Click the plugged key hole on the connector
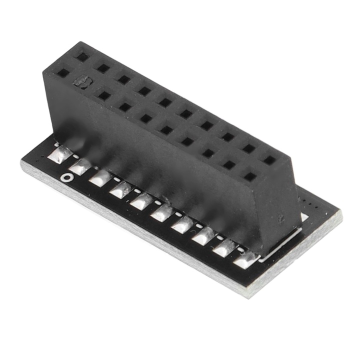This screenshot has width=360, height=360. tap(81, 81)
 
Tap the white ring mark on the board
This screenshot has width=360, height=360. tap(65, 177)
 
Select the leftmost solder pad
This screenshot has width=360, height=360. tap(58, 154)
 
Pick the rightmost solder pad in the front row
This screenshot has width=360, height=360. tap(245, 259)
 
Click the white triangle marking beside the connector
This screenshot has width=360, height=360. tap(304, 217)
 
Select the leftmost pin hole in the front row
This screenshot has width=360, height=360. tap(63, 73)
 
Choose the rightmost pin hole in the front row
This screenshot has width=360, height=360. tap(249, 176)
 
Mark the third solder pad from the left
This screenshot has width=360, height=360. tap(100, 177)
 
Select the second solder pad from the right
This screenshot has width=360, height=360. tap(224, 247)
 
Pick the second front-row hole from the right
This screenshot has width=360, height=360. tap(229, 164)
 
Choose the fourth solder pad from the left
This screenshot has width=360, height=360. tap(120, 189)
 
